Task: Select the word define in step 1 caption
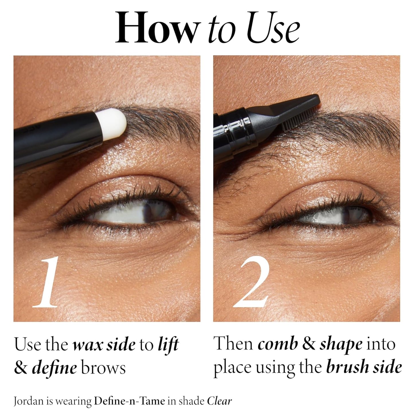click(54, 368)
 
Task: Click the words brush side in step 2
click(364, 367)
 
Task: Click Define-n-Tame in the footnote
click(130, 401)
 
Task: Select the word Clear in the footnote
click(219, 401)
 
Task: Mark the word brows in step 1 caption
click(103, 368)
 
